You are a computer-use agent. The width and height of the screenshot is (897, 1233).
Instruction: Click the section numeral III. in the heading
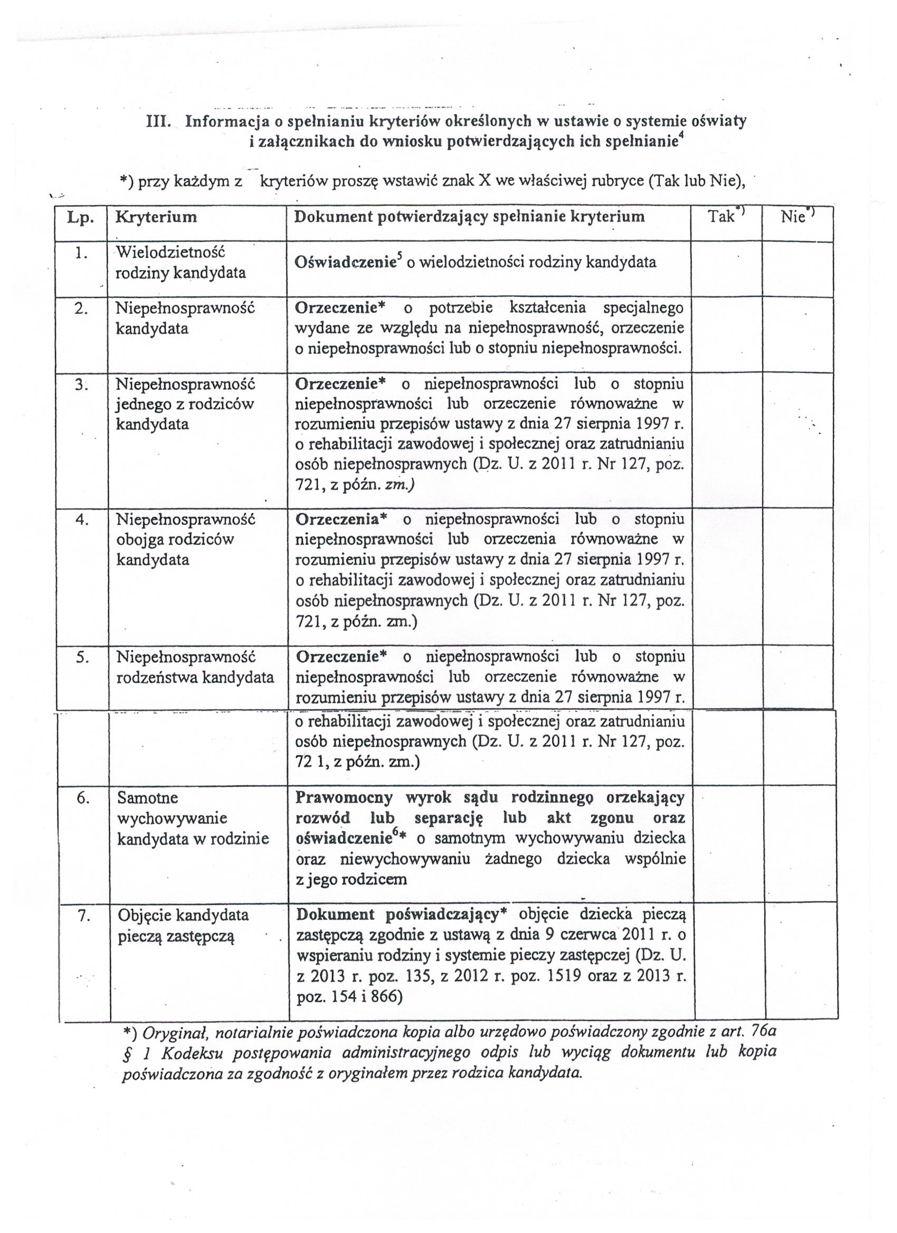[x=160, y=121]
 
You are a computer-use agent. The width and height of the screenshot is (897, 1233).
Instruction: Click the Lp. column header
[x=81, y=217]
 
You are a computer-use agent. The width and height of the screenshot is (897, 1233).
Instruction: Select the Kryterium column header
[x=156, y=217]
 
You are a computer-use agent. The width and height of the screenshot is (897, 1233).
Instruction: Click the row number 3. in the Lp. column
[x=81, y=384]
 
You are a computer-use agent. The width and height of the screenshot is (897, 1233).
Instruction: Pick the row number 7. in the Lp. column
[x=83, y=916]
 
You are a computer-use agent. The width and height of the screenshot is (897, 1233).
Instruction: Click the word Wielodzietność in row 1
[x=170, y=252]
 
